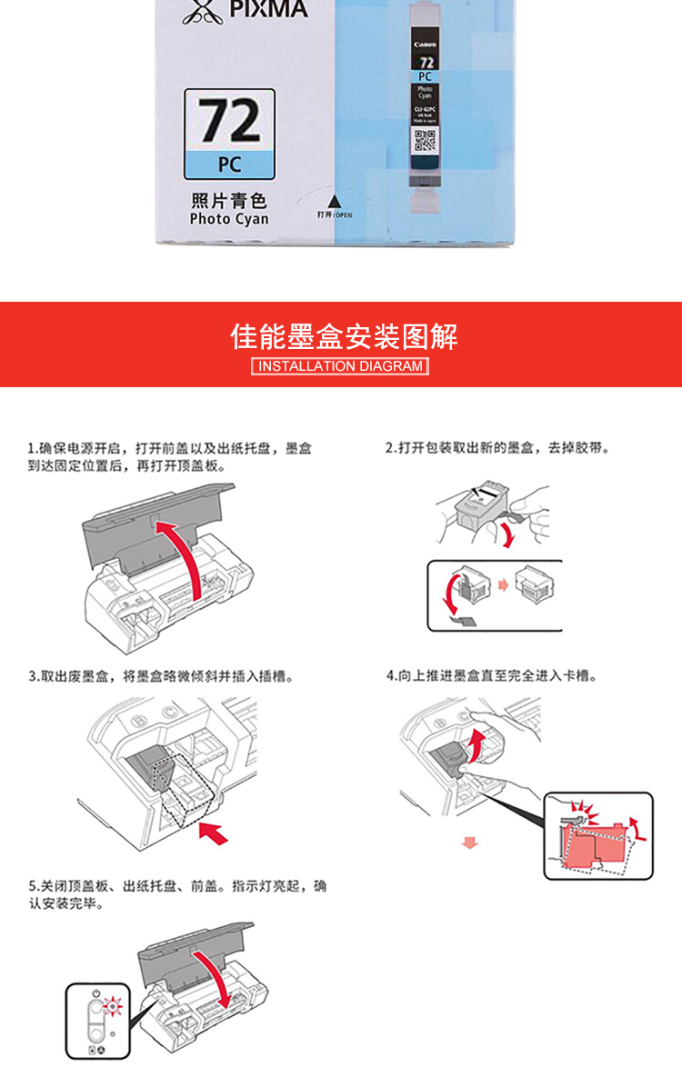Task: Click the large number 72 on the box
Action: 229,122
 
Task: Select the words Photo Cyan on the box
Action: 229,219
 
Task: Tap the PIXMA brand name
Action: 268,11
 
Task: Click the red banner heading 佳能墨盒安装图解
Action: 344,336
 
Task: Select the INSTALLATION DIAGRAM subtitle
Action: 340,366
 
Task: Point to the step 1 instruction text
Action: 169,456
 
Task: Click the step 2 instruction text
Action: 496,448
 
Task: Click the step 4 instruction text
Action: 491,676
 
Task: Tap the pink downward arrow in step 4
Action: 469,843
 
